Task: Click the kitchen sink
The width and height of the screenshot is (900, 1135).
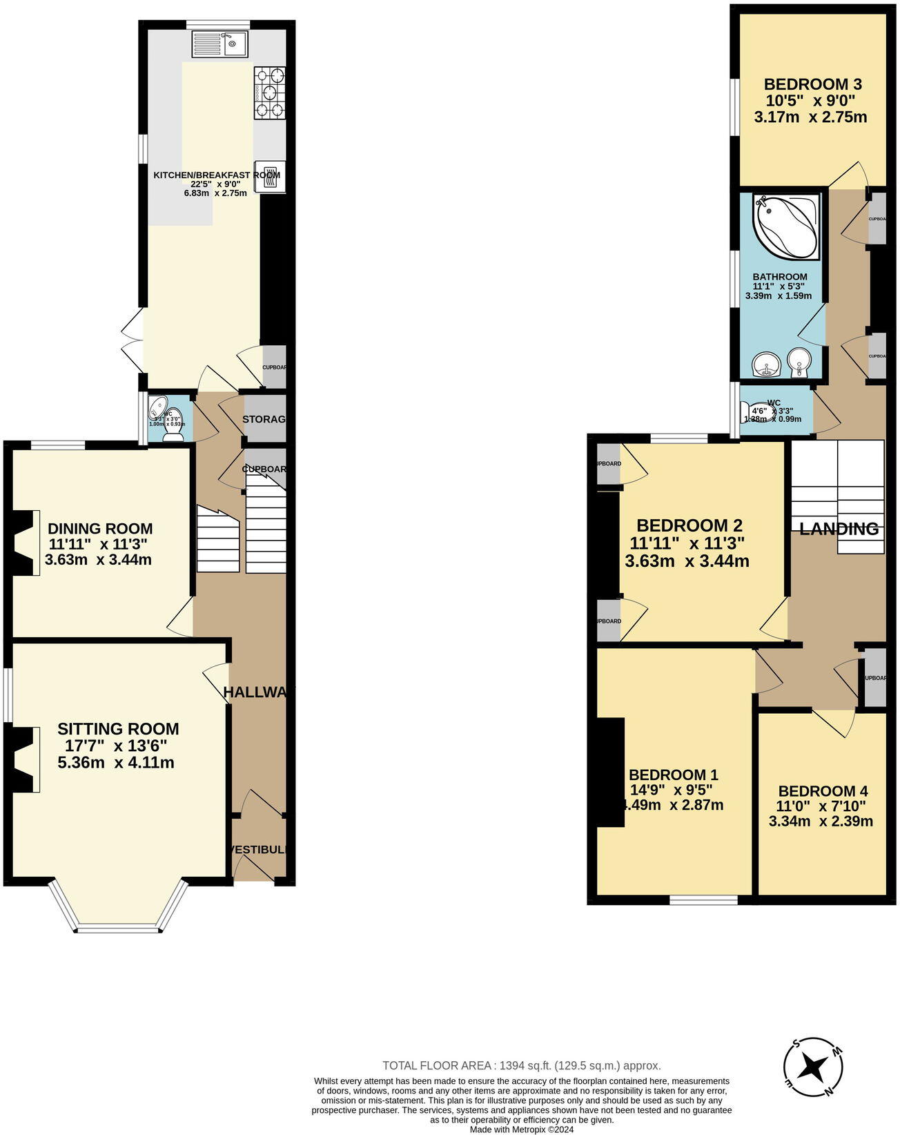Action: pyautogui.click(x=221, y=46)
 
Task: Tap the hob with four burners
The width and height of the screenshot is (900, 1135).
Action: pyautogui.click(x=269, y=93)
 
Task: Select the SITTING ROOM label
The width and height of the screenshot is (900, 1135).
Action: pyautogui.click(x=118, y=729)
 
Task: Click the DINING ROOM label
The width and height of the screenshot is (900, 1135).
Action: pyautogui.click(x=100, y=530)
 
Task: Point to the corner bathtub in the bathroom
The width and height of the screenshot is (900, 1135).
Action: pyautogui.click(x=787, y=226)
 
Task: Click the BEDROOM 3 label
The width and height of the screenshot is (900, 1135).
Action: pyautogui.click(x=812, y=85)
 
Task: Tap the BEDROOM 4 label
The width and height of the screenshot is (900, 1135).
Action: pyautogui.click(x=823, y=791)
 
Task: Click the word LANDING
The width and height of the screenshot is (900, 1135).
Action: pyautogui.click(x=839, y=530)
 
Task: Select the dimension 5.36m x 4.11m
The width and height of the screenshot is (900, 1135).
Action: pyautogui.click(x=116, y=763)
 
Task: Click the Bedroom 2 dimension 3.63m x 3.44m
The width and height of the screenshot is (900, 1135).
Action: pyautogui.click(x=687, y=561)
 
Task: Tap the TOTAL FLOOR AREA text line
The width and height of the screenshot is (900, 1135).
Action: pyautogui.click(x=521, y=1066)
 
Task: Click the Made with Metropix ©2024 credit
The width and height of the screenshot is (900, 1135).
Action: pyautogui.click(x=521, y=1129)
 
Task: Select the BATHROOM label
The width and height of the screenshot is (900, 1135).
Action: pyautogui.click(x=780, y=277)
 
